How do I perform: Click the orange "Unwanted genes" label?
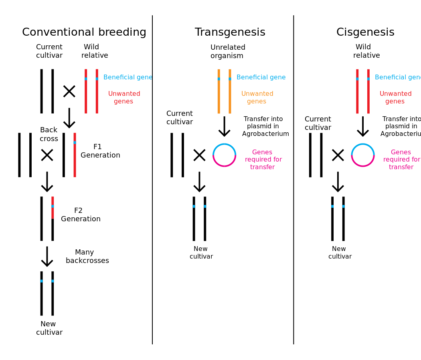pos(257,97)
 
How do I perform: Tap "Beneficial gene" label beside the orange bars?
pos(261,77)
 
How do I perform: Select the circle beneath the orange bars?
pos(224,155)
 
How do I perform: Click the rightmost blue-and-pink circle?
pos(363,155)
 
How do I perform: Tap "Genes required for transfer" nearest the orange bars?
pos(263,160)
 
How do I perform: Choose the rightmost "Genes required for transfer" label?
pos(401,160)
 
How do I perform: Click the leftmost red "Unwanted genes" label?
pos(124,97)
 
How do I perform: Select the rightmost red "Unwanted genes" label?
pos(395,97)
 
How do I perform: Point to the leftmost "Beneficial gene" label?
pos(128,77)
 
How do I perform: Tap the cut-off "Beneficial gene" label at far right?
pos(397,77)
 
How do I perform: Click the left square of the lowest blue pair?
pos(41,281)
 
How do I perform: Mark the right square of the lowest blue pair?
pos(53,281)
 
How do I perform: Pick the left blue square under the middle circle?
pos(194,206)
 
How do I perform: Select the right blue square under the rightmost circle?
pos(343,206)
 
